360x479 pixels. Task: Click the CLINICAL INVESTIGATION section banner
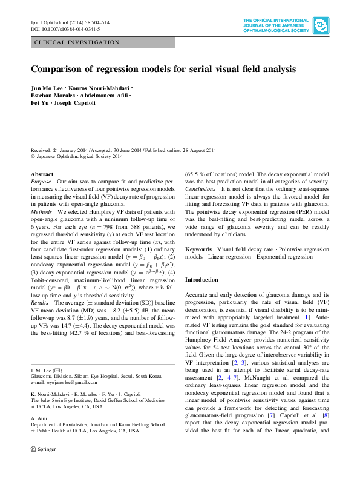[77, 42]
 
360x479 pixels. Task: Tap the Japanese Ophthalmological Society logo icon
[321, 26]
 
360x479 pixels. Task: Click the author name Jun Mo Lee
[47, 88]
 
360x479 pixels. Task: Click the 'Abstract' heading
[41, 174]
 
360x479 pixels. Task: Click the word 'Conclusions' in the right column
[200, 189]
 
